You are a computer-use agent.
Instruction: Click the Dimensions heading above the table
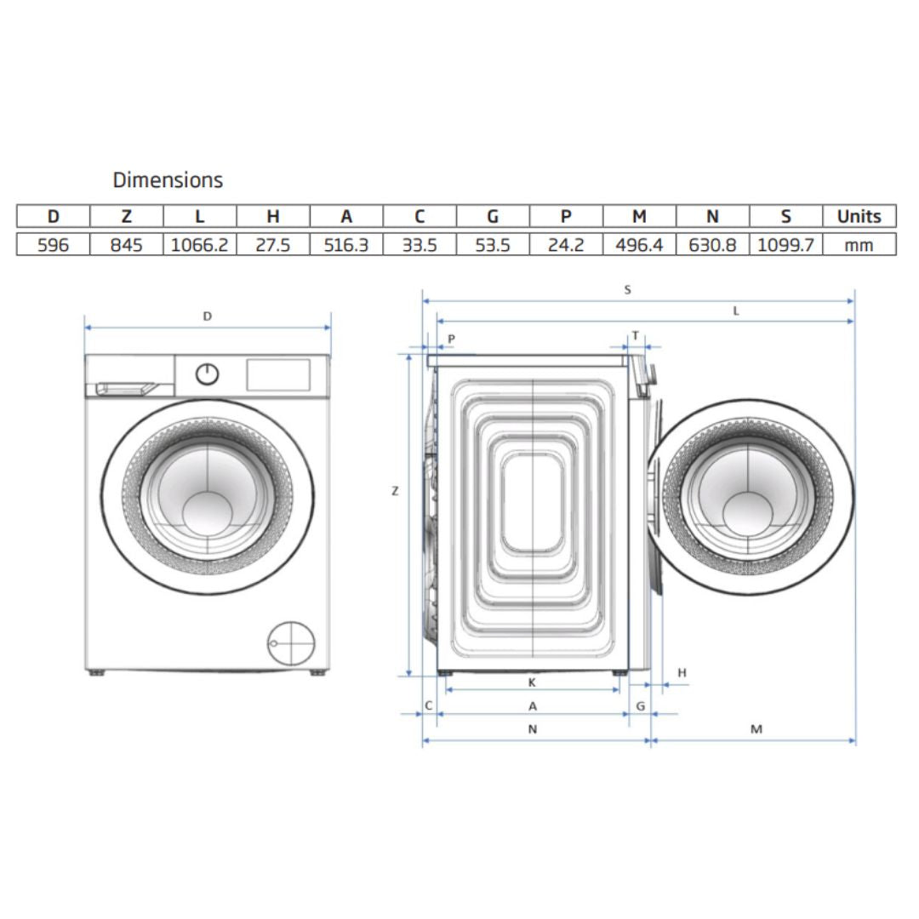pyautogui.click(x=168, y=180)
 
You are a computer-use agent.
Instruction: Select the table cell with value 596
pyautogui.click(x=53, y=245)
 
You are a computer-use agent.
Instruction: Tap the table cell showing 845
pyautogui.click(x=126, y=245)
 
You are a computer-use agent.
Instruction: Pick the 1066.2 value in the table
pyautogui.click(x=199, y=245)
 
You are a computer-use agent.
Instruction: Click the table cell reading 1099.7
pyautogui.click(x=785, y=245)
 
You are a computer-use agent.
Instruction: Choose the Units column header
pyautogui.click(x=859, y=216)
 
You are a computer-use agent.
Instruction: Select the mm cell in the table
pyautogui.click(x=859, y=245)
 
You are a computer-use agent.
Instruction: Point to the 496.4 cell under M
pyautogui.click(x=639, y=245)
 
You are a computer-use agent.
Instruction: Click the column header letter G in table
pyautogui.click(x=492, y=216)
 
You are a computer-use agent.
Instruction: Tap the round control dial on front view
pyautogui.click(x=207, y=374)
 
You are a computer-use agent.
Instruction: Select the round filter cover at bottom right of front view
pyautogui.click(x=291, y=643)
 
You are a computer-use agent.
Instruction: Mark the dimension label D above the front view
pyautogui.click(x=207, y=317)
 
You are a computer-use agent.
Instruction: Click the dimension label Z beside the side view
pyautogui.click(x=395, y=491)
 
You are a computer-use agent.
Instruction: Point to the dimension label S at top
pyautogui.click(x=627, y=290)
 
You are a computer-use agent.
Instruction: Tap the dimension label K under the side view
pyautogui.click(x=532, y=682)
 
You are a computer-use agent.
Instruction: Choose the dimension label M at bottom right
pyautogui.click(x=756, y=729)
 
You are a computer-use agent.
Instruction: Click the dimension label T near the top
pyautogui.click(x=635, y=336)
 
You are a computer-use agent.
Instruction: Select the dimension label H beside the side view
pyautogui.click(x=682, y=674)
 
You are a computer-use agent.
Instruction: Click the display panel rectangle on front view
pyautogui.click(x=277, y=374)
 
